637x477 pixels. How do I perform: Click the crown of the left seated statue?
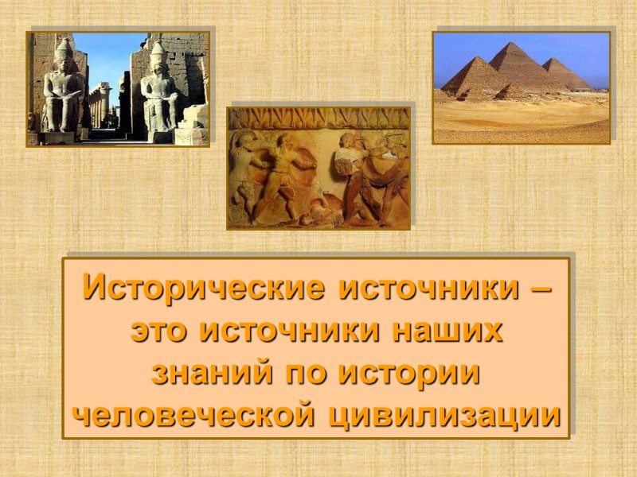(64, 48)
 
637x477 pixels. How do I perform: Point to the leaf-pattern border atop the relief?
(318, 117)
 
